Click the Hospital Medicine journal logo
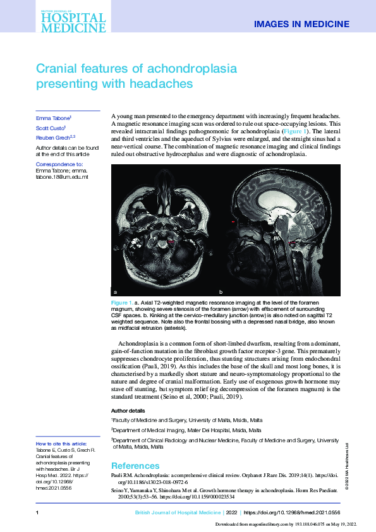point(73,19)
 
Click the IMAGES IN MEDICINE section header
point(301,24)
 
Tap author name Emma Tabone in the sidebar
point(53,118)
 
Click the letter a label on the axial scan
point(116,293)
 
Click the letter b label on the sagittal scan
point(221,293)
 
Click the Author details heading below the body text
point(128,410)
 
